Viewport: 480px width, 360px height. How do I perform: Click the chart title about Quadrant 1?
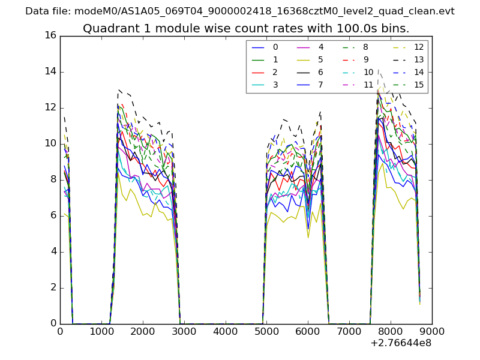tap(246, 28)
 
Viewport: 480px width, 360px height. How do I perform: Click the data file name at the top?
tap(240, 11)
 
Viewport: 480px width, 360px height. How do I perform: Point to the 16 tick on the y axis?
tap(50, 35)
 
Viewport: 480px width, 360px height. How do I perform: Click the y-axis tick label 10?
tap(50, 143)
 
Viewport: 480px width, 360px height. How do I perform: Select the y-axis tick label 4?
tap(53, 251)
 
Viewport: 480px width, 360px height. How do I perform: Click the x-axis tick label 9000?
tap(432, 331)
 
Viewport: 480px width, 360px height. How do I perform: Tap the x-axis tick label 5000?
tap(266, 331)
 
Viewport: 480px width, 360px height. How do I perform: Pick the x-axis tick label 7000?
tap(349, 331)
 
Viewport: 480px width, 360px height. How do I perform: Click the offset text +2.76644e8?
tap(401, 343)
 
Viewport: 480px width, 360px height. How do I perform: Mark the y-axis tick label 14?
tap(50, 71)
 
